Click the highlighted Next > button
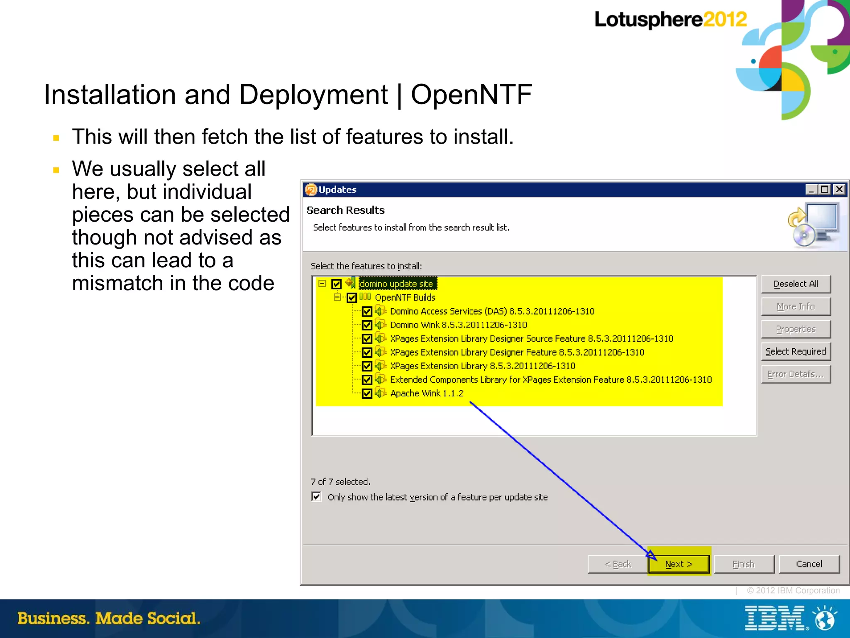[x=679, y=564]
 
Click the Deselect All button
[x=796, y=284]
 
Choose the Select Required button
[x=796, y=352]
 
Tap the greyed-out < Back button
[x=618, y=564]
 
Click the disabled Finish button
[x=743, y=564]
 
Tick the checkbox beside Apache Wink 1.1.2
[x=367, y=394]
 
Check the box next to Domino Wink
[x=367, y=325]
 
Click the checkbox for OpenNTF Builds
[x=352, y=298]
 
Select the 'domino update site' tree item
[x=396, y=284]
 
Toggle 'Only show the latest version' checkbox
[x=317, y=497]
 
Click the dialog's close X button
[x=839, y=189]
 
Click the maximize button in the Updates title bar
[x=825, y=189]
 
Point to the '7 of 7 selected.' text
[x=340, y=482]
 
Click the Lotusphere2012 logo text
[x=670, y=20]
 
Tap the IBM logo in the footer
[x=775, y=618]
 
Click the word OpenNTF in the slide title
[x=471, y=95]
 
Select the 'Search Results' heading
[x=345, y=210]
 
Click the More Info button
[x=796, y=306]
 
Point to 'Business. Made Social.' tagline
[x=109, y=618]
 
